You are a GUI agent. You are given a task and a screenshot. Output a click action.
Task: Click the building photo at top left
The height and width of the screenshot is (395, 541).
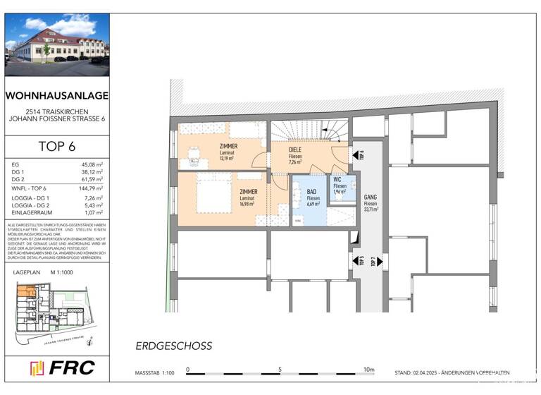click(56, 44)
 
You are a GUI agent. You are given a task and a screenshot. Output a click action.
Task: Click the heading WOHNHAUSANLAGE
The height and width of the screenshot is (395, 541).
click(56, 95)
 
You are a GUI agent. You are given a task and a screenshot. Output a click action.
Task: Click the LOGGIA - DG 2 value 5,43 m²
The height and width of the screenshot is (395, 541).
click(92, 205)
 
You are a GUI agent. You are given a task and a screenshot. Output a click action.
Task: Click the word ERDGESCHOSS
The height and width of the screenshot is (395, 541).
click(173, 346)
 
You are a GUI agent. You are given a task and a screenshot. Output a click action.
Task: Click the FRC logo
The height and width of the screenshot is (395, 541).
click(58, 368)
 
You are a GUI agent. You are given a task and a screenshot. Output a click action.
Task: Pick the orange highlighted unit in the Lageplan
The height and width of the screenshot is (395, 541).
click(27, 291)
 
